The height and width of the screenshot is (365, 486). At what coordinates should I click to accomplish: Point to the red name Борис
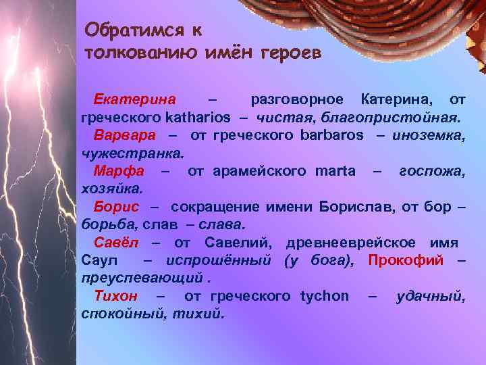(116, 205)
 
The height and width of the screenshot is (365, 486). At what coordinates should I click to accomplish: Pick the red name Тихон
(116, 295)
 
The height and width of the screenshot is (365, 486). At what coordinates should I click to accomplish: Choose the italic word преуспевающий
(140, 277)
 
